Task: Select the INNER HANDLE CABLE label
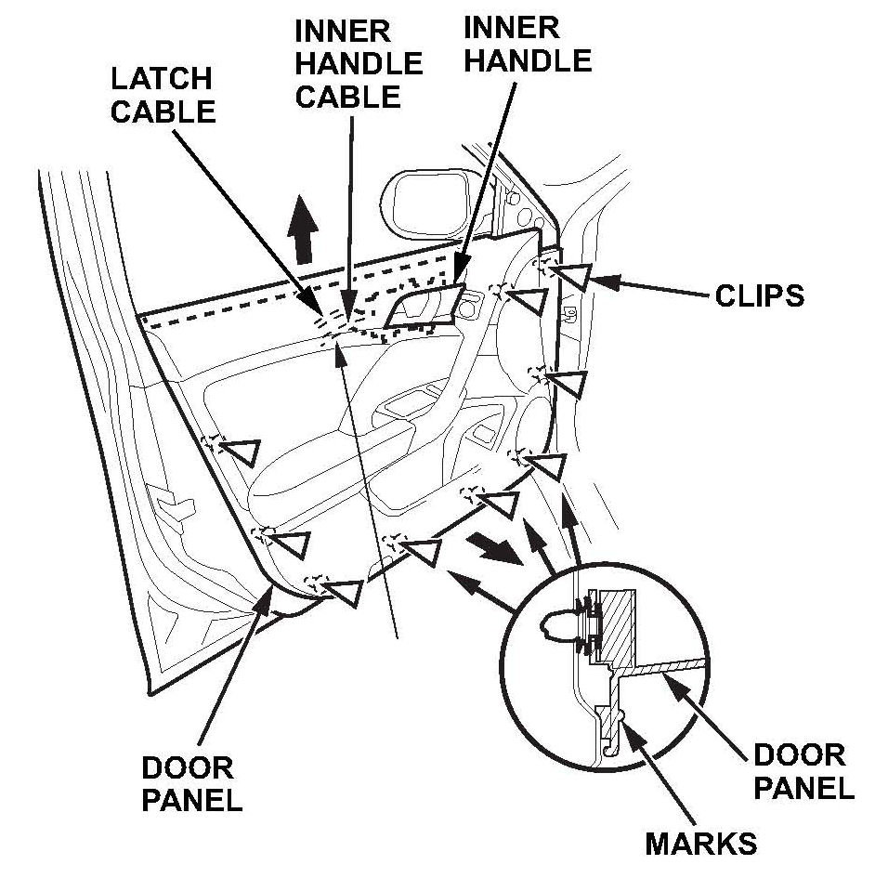(x=358, y=62)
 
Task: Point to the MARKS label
(x=701, y=844)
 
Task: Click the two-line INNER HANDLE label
(x=527, y=45)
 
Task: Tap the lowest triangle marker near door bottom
(x=346, y=590)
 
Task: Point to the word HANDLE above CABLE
(x=359, y=62)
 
